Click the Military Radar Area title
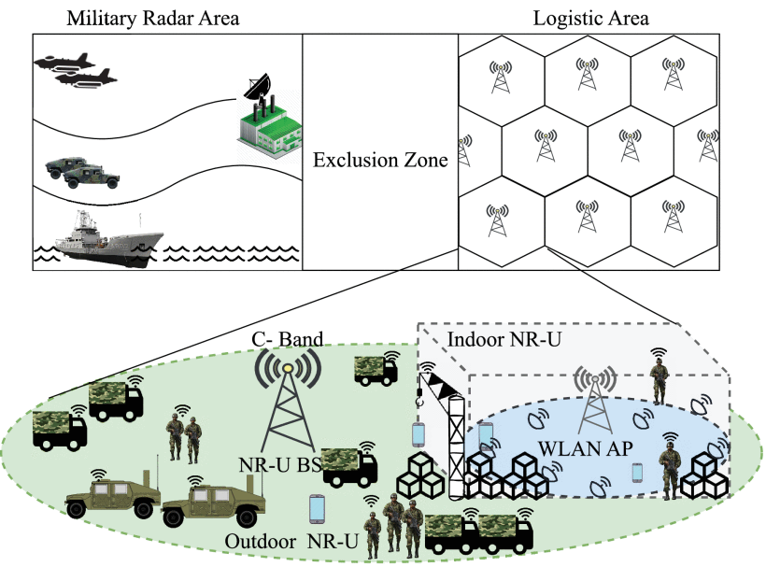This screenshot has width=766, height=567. point(153,19)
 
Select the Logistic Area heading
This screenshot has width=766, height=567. point(590,19)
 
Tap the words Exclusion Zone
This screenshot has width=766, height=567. point(380,160)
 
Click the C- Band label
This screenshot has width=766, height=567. point(288,339)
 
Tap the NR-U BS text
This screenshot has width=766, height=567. point(280,464)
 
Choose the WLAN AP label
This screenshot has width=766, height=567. point(586,447)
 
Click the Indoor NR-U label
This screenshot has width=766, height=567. point(504,339)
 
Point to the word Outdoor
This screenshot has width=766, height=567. point(261,542)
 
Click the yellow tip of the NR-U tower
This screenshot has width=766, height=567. point(288,368)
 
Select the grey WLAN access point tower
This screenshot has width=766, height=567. point(594,401)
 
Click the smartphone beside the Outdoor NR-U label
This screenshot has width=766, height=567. point(317,509)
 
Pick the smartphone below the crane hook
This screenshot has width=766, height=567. point(418,434)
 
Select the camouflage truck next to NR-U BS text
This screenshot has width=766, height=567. point(348,466)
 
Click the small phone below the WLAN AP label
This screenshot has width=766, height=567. point(637,473)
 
